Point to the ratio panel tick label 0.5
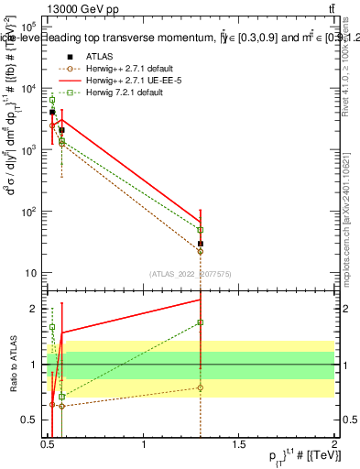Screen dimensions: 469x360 click(x=31, y=420)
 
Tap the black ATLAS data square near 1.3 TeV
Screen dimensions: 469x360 click(x=200, y=244)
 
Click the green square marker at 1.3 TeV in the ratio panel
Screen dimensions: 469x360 click(x=200, y=322)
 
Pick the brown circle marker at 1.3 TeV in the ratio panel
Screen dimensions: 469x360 click(x=200, y=387)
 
